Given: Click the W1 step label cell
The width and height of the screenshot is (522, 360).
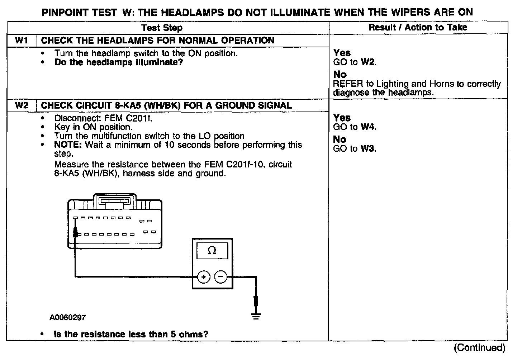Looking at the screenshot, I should pos(22,41).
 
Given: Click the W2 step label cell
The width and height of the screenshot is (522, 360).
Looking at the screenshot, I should pos(22,105).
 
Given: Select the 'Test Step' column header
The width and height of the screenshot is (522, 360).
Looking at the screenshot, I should pos(162,28).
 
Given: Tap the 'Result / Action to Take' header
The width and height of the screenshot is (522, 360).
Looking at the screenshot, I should pos(418,27).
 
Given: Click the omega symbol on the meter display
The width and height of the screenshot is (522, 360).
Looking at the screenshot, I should pos(212,251).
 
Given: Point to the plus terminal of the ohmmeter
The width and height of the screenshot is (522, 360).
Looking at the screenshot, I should pos(204,277).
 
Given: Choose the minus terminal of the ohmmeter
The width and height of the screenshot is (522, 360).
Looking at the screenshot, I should pos(221,277).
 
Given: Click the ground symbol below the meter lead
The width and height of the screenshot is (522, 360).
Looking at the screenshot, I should pos(256,316).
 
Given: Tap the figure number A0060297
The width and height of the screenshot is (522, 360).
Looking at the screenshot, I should pos(68,317).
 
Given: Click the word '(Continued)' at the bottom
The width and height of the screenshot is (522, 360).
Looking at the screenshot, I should pos(479,347).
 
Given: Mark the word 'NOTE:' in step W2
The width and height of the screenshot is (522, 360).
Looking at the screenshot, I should pos(68,145).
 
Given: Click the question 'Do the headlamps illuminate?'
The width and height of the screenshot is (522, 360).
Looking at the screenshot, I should pos(119,62).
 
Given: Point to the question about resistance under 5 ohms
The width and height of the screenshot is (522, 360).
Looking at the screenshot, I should pos(131,334).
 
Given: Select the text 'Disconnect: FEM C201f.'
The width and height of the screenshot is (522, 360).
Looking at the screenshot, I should pos(103,118).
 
